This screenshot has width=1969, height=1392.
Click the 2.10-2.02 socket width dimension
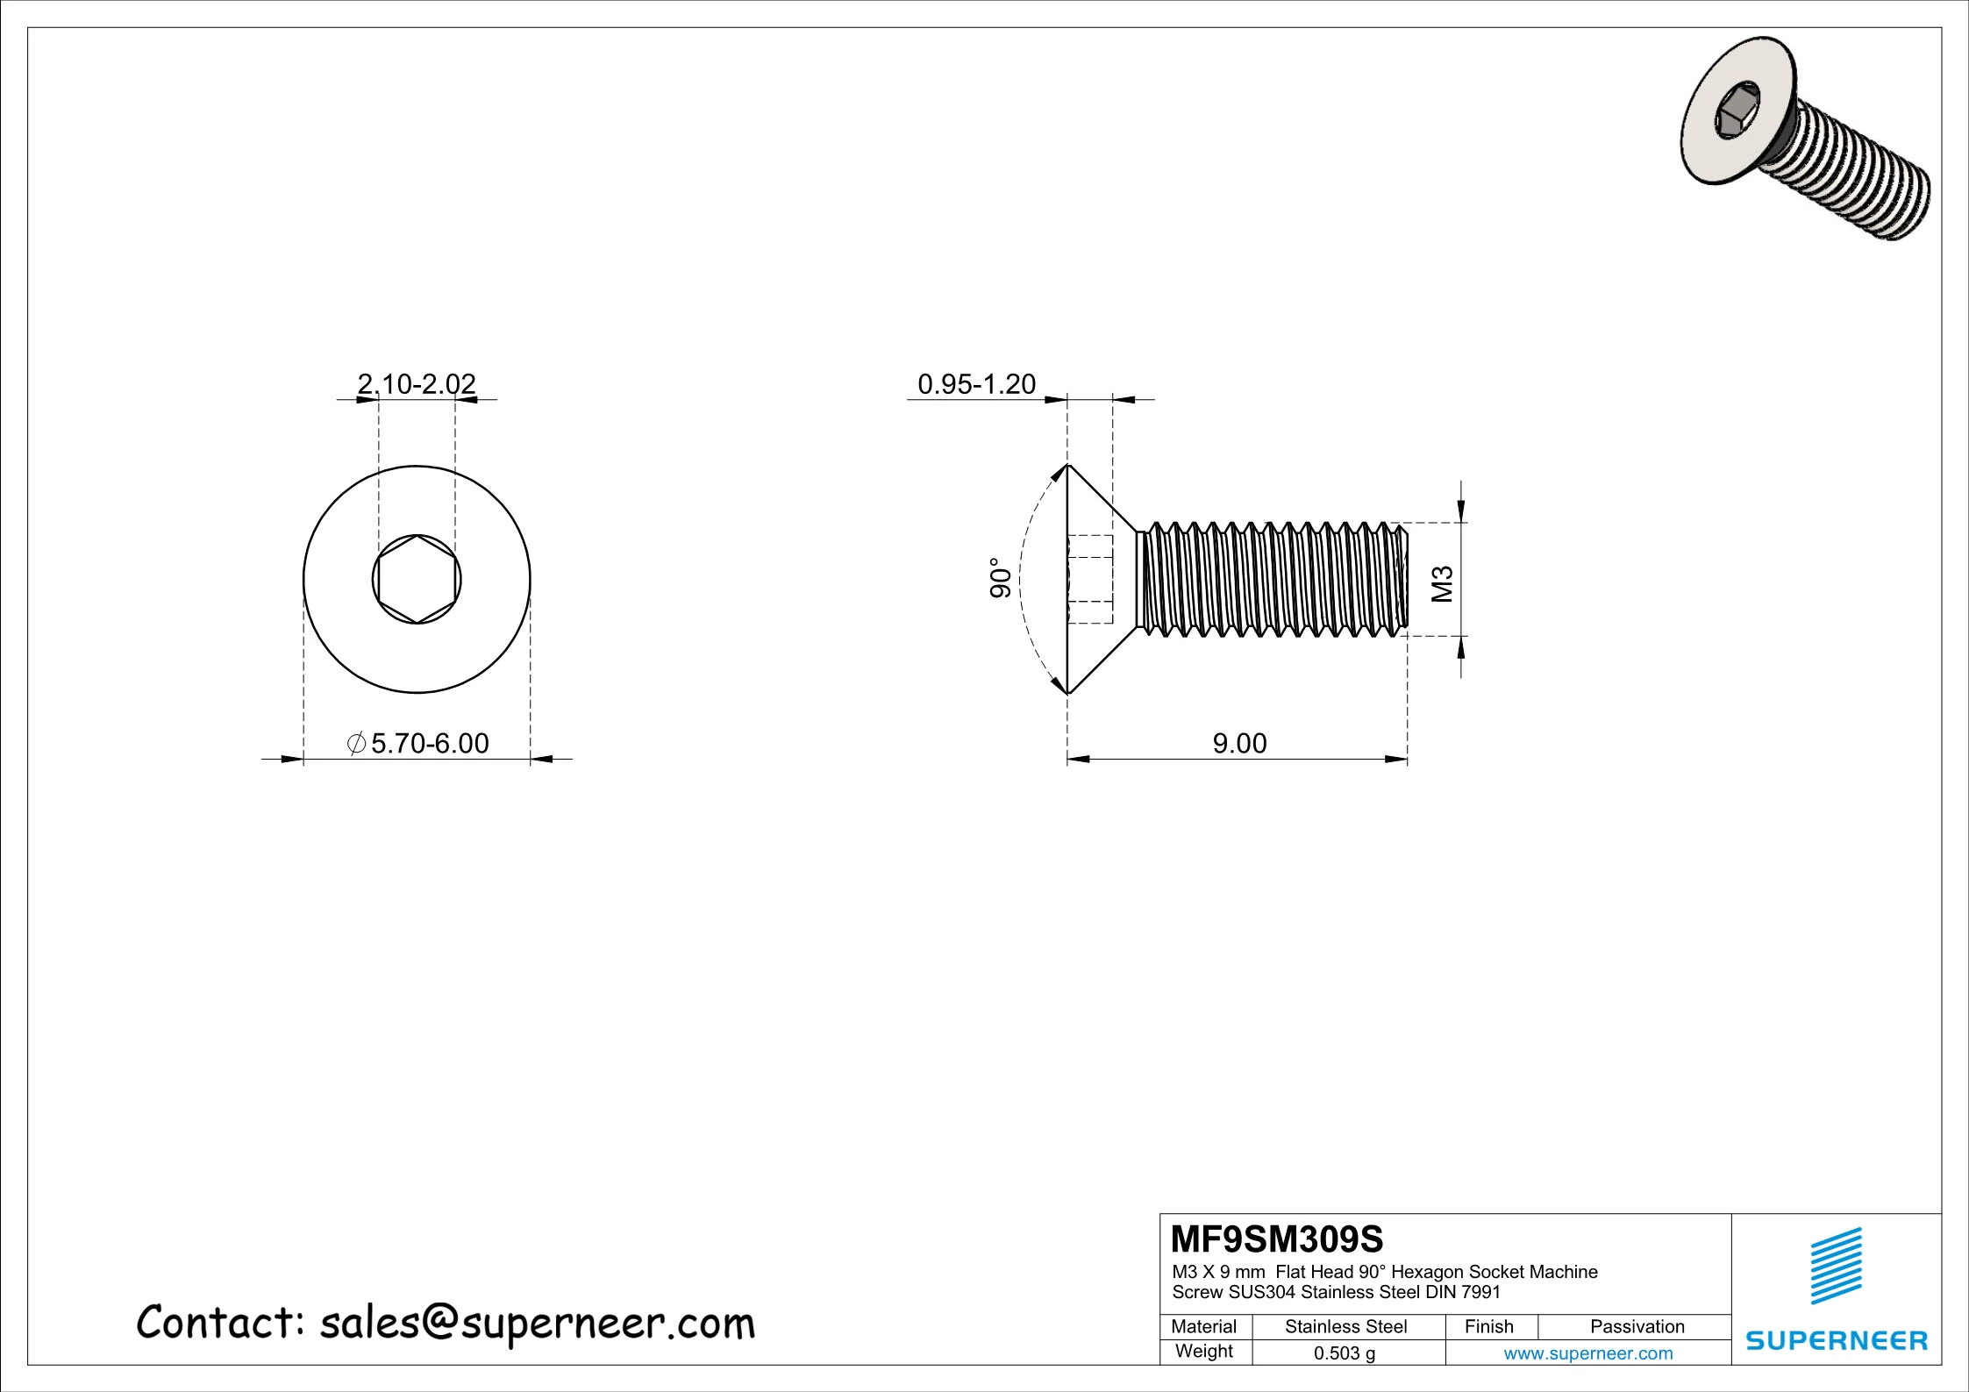pyautogui.click(x=417, y=384)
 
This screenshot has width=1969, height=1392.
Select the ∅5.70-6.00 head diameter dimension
pyautogui.click(x=419, y=744)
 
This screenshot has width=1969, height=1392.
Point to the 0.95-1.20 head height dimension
pyautogui.click(x=976, y=384)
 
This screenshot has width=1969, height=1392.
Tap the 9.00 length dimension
pyautogui.click(x=1239, y=744)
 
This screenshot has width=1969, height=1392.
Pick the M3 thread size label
pyautogui.click(x=1443, y=584)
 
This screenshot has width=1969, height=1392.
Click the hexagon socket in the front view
pyautogui.click(x=417, y=579)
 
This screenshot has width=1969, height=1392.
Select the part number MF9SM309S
pyautogui.click(x=1277, y=1240)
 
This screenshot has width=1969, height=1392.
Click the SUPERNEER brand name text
pyautogui.click(x=1837, y=1341)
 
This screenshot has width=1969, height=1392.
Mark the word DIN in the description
pyautogui.click(x=1453, y=1292)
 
